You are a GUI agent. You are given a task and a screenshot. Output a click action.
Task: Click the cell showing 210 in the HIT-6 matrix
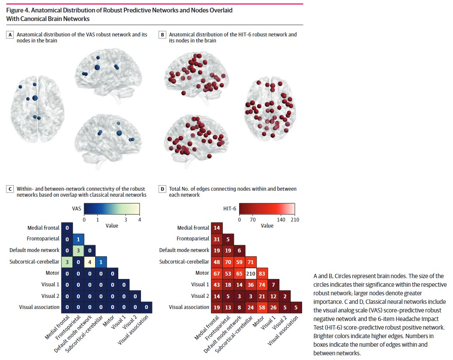point(250,273)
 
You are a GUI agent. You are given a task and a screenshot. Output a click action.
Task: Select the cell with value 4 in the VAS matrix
point(90,262)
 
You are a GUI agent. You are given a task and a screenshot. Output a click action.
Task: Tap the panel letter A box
point(10,35)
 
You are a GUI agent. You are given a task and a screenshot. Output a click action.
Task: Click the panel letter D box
point(162,189)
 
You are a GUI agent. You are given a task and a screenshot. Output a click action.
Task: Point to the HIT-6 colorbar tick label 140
point(281,219)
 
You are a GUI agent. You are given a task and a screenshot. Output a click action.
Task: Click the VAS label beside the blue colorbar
point(77,208)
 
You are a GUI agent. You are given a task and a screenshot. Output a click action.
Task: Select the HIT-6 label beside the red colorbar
point(230,208)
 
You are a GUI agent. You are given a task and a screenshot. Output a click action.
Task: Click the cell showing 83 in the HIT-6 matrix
point(262,273)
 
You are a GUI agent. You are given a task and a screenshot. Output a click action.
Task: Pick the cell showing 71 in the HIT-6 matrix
point(250,262)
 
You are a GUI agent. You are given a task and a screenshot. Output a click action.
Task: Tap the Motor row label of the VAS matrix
point(52,273)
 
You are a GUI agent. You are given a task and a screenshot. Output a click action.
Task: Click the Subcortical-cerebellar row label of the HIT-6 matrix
point(184,262)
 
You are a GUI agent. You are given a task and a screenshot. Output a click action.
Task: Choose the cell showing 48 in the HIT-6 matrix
point(217,262)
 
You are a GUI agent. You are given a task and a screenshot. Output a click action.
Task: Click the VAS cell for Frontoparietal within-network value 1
point(78,239)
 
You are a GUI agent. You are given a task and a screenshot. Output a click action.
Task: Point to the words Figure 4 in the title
point(18,10)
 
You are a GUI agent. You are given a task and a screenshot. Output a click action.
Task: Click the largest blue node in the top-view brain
point(35,98)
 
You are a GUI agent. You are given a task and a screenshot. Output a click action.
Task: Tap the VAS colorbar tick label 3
point(126,219)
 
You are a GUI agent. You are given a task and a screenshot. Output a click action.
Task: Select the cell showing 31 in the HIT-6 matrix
point(217,239)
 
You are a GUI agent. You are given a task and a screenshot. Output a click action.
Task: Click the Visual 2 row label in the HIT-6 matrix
point(200,296)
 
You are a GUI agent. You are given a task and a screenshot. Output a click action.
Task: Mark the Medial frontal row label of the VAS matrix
point(43,228)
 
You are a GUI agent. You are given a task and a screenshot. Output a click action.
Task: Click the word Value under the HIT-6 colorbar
point(267,226)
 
